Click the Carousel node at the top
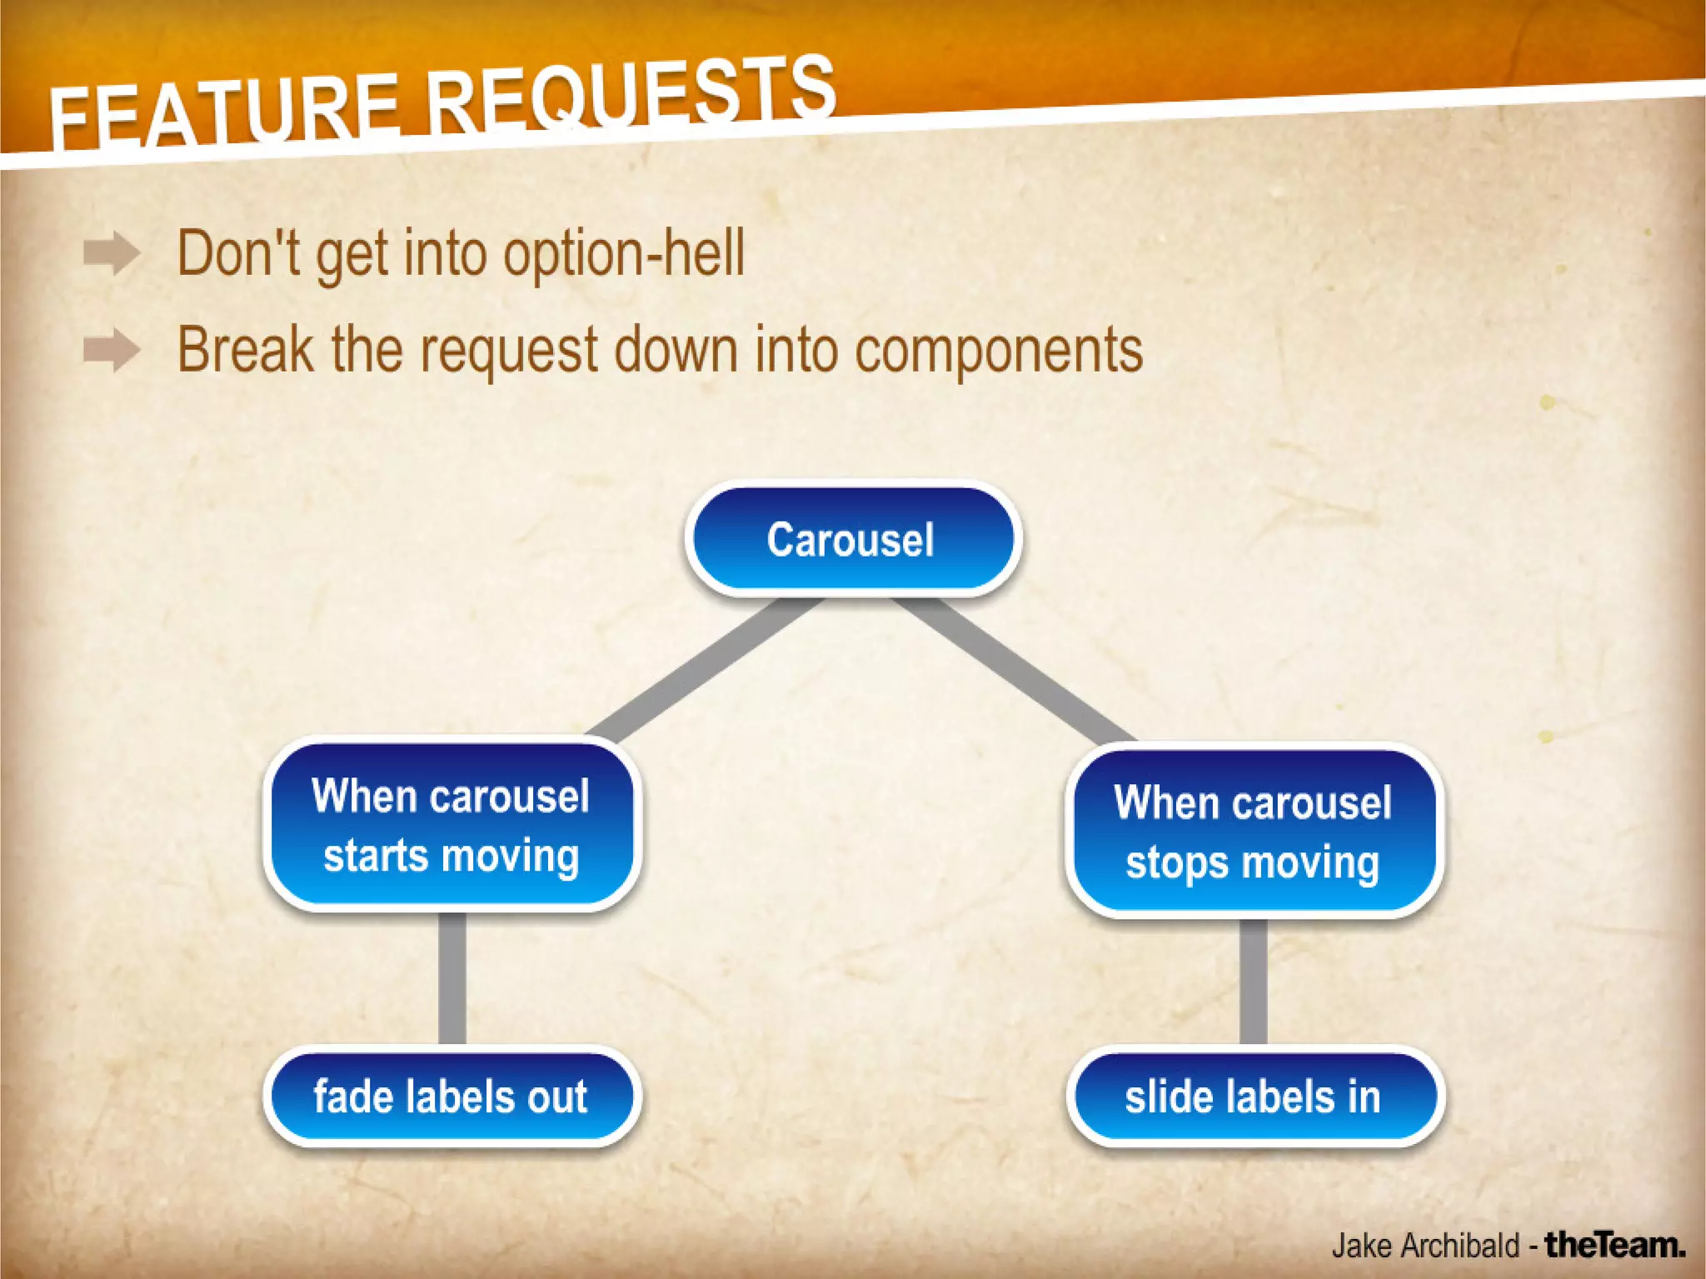coord(852,539)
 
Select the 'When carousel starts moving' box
coord(451,825)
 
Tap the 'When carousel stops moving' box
coord(1253,832)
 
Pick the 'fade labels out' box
coord(451,1096)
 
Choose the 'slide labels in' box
coord(1254,1097)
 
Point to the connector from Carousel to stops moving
coord(1012,671)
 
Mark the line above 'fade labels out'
coord(451,977)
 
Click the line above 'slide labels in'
coord(1253,982)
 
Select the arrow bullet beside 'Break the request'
coord(111,349)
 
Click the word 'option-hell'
coord(624,254)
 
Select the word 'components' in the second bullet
coord(999,351)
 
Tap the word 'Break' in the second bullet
coord(246,349)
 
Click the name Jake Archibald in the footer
coord(1425,1246)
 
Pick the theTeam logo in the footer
coord(1615,1245)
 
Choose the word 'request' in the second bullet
coord(509,351)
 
